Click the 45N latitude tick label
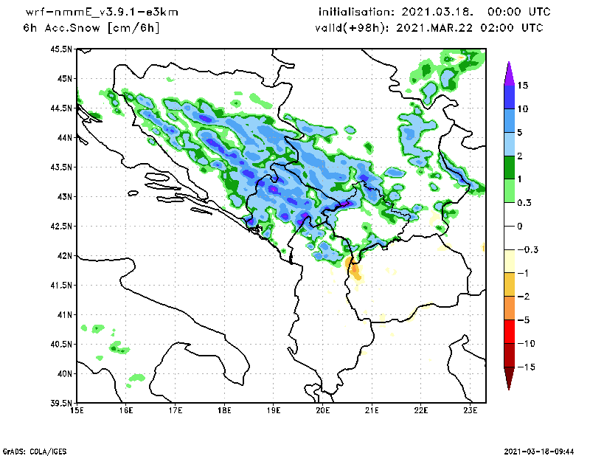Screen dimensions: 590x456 tap(64, 79)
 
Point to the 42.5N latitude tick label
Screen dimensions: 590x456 tap(61, 227)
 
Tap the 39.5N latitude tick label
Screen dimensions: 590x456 tap(61, 404)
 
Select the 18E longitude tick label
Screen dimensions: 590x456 tap(224, 410)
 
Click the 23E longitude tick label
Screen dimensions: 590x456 tap(471, 410)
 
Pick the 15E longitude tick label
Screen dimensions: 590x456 tap(77, 410)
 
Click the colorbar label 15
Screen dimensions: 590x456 tap(523, 86)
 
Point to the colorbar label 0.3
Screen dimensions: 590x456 tap(524, 203)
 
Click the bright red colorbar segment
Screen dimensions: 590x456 tap(509, 332)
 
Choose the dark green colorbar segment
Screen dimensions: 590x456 tap(509, 167)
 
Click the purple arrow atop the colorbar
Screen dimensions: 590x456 tap(509, 74)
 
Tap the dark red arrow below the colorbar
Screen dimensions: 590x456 tap(509, 378)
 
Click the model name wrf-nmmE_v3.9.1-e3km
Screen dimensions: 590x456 tap(102, 13)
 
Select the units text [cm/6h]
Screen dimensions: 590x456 tap(133, 28)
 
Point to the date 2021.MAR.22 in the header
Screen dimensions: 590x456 tap(434, 28)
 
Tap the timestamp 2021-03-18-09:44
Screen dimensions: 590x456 tap(539, 451)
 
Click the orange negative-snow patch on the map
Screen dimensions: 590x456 tap(354, 270)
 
